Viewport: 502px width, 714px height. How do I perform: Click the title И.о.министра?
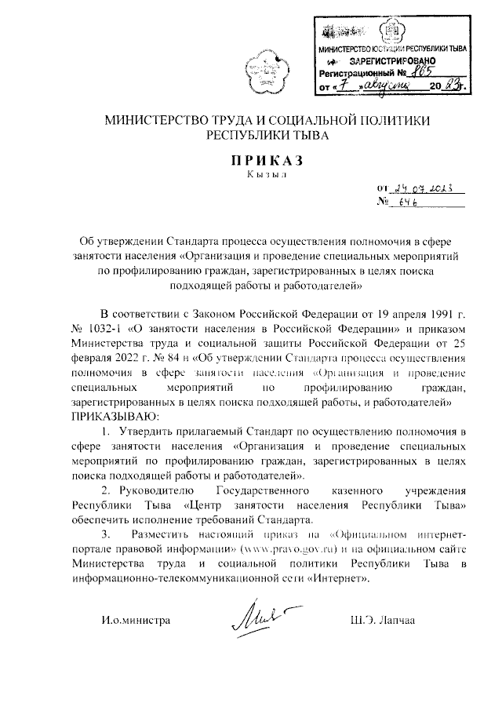pyautogui.click(x=136, y=620)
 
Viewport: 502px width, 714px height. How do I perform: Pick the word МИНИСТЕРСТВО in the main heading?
pyautogui.click(x=155, y=121)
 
